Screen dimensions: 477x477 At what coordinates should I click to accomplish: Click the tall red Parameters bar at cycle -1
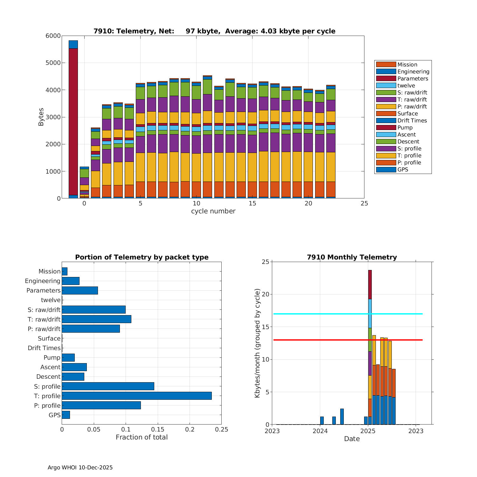73,121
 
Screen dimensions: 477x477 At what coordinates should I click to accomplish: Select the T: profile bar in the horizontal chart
137,396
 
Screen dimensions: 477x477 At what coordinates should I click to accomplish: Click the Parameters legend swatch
386,79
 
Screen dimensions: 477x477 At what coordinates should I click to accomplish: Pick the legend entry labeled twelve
406,86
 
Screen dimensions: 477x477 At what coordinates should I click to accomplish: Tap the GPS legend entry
403,169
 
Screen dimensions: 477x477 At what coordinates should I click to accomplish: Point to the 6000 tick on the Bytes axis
53,36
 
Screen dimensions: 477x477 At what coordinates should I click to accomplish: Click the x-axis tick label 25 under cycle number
364,204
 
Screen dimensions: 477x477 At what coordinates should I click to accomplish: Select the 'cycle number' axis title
213,211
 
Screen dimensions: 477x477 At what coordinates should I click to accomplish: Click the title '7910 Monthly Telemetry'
352,257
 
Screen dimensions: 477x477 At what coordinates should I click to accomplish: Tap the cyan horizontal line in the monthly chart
318,314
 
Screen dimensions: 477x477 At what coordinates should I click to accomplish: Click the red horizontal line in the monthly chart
318,340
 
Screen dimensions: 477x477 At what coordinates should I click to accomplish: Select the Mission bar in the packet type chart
65,271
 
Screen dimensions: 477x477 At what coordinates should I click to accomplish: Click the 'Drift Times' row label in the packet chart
44,348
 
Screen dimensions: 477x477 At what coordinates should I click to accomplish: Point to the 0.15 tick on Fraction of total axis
158,430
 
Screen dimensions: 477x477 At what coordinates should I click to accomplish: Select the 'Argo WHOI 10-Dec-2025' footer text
80,467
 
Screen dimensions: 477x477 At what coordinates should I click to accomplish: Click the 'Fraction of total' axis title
142,437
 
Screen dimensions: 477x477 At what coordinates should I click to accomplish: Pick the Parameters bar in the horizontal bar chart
80,290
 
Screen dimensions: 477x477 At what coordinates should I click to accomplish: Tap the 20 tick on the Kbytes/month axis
265,294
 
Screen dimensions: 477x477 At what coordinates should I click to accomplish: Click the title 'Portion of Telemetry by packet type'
142,257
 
